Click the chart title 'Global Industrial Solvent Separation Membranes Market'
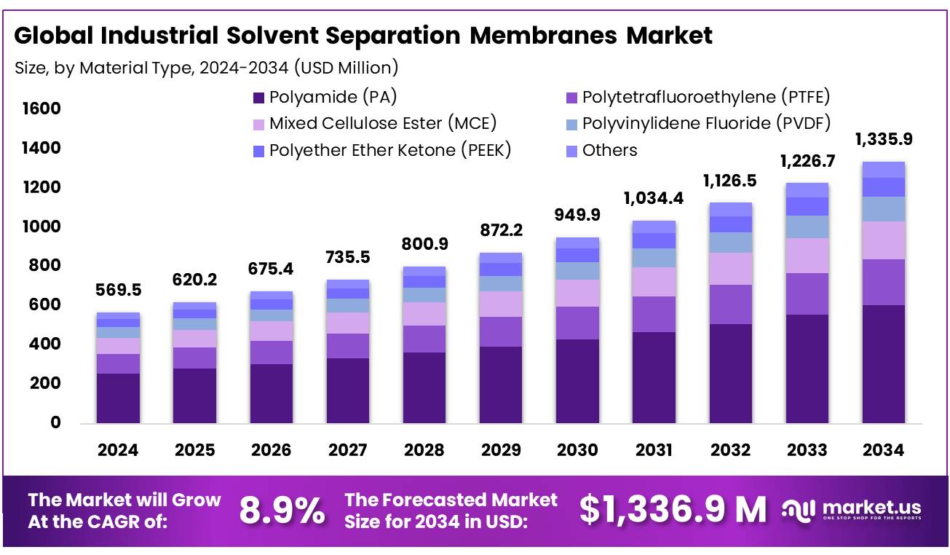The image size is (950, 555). [x=363, y=36]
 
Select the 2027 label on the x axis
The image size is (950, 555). [x=348, y=450]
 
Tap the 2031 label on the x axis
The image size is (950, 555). [x=654, y=450]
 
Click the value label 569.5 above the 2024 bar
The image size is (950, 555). [x=118, y=290]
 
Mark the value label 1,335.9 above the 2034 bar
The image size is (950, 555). [x=884, y=139]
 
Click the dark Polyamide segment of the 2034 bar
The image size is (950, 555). [x=884, y=364]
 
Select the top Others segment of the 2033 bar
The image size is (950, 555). [x=807, y=190]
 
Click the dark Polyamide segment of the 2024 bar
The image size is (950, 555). [x=118, y=398]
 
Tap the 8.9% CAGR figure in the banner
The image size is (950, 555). [x=282, y=511]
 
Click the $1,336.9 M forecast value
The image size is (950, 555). [x=673, y=510]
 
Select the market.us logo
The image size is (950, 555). [x=852, y=509]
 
